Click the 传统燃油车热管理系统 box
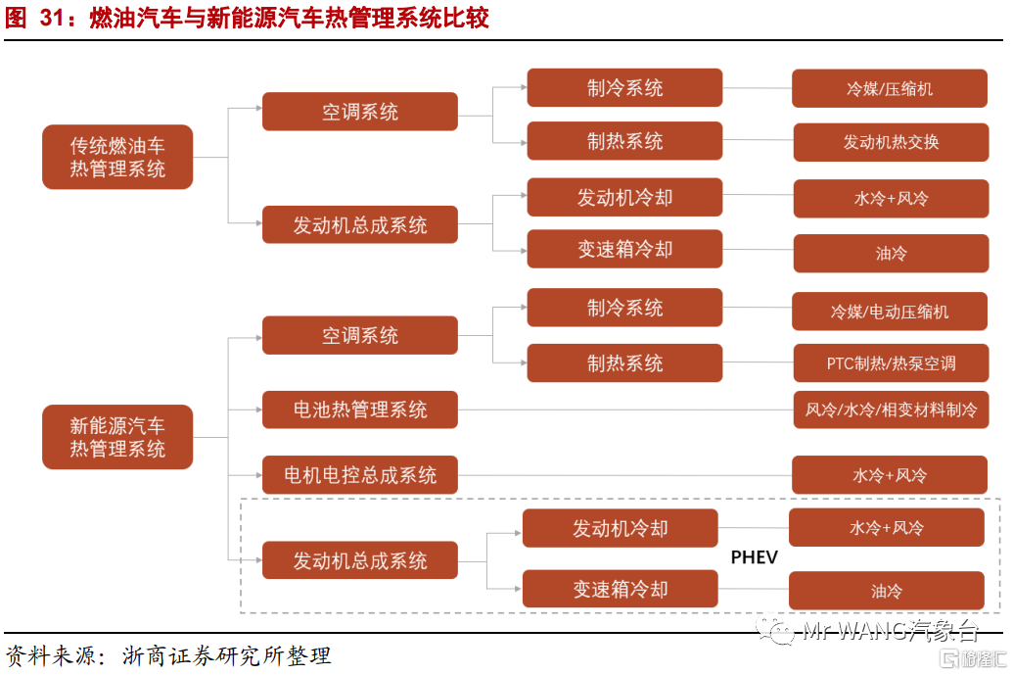point(117,157)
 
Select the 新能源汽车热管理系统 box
point(117,437)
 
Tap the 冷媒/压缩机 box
point(890,88)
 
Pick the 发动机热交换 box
point(891,142)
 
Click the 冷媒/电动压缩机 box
point(890,312)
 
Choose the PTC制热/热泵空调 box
point(891,363)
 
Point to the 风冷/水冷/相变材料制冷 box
point(891,410)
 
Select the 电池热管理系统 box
point(360,410)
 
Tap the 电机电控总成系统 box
point(360,475)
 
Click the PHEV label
point(754,557)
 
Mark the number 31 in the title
point(52,18)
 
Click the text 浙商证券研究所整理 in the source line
point(226,655)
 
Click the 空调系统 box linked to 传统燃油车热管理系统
point(360,112)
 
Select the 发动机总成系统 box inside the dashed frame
point(360,560)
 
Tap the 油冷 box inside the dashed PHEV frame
point(887,591)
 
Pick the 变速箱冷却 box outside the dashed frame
point(624,249)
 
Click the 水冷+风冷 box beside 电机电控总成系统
point(890,475)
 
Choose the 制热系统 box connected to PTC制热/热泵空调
point(624,363)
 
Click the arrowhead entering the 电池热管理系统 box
point(259,410)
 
